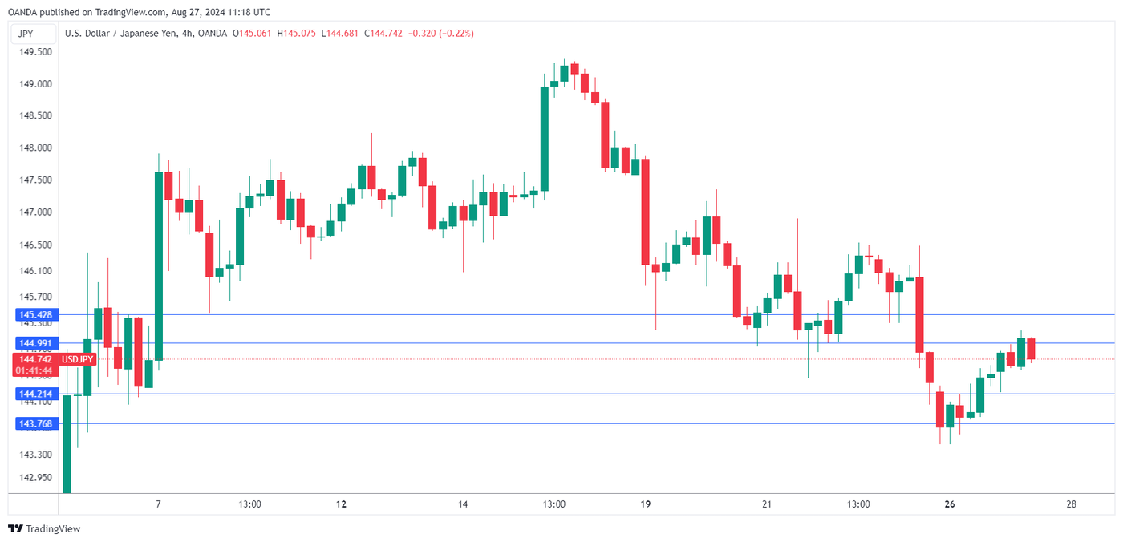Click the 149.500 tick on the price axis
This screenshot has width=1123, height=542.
coord(34,51)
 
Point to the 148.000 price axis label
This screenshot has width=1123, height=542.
coord(34,148)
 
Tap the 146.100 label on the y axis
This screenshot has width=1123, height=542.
coord(34,271)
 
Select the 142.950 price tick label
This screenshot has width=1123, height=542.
coord(34,478)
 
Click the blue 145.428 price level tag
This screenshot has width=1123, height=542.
coord(34,315)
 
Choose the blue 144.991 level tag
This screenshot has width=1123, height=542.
coord(34,343)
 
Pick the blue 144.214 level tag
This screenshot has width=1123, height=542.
coord(34,394)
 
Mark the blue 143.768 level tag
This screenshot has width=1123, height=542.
coord(34,423)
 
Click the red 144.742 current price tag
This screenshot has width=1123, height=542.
coord(35,360)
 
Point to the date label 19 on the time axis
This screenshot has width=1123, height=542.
coord(646,504)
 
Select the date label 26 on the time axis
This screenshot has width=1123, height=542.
coord(950,504)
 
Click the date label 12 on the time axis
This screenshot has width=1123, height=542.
coord(342,504)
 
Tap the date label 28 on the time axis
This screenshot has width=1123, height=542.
coord(1072,504)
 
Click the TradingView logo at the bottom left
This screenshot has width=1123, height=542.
coord(44,529)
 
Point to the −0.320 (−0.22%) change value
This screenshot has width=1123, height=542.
coord(441,34)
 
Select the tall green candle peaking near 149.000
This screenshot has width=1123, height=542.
coord(545,138)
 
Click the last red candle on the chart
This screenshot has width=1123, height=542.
coord(1031,348)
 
